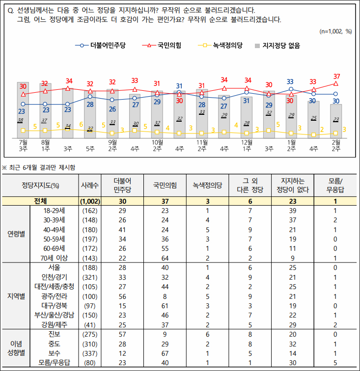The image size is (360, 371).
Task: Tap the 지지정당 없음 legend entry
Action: (x=277, y=45)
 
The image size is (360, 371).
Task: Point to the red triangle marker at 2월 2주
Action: (x=336, y=84)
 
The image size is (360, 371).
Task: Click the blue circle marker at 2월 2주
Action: (x=336, y=94)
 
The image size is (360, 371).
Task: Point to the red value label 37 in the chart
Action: (x=336, y=76)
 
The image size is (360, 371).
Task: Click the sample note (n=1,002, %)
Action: (x=335, y=31)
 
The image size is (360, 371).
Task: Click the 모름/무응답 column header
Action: (x=336, y=185)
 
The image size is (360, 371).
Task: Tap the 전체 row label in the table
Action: (x=41, y=201)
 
